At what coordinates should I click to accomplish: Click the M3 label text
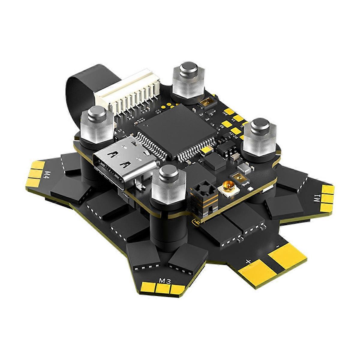click(165, 281)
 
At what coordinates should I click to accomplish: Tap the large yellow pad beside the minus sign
click(286, 255)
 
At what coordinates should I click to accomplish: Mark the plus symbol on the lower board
click(248, 261)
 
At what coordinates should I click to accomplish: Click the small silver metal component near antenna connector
click(247, 170)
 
